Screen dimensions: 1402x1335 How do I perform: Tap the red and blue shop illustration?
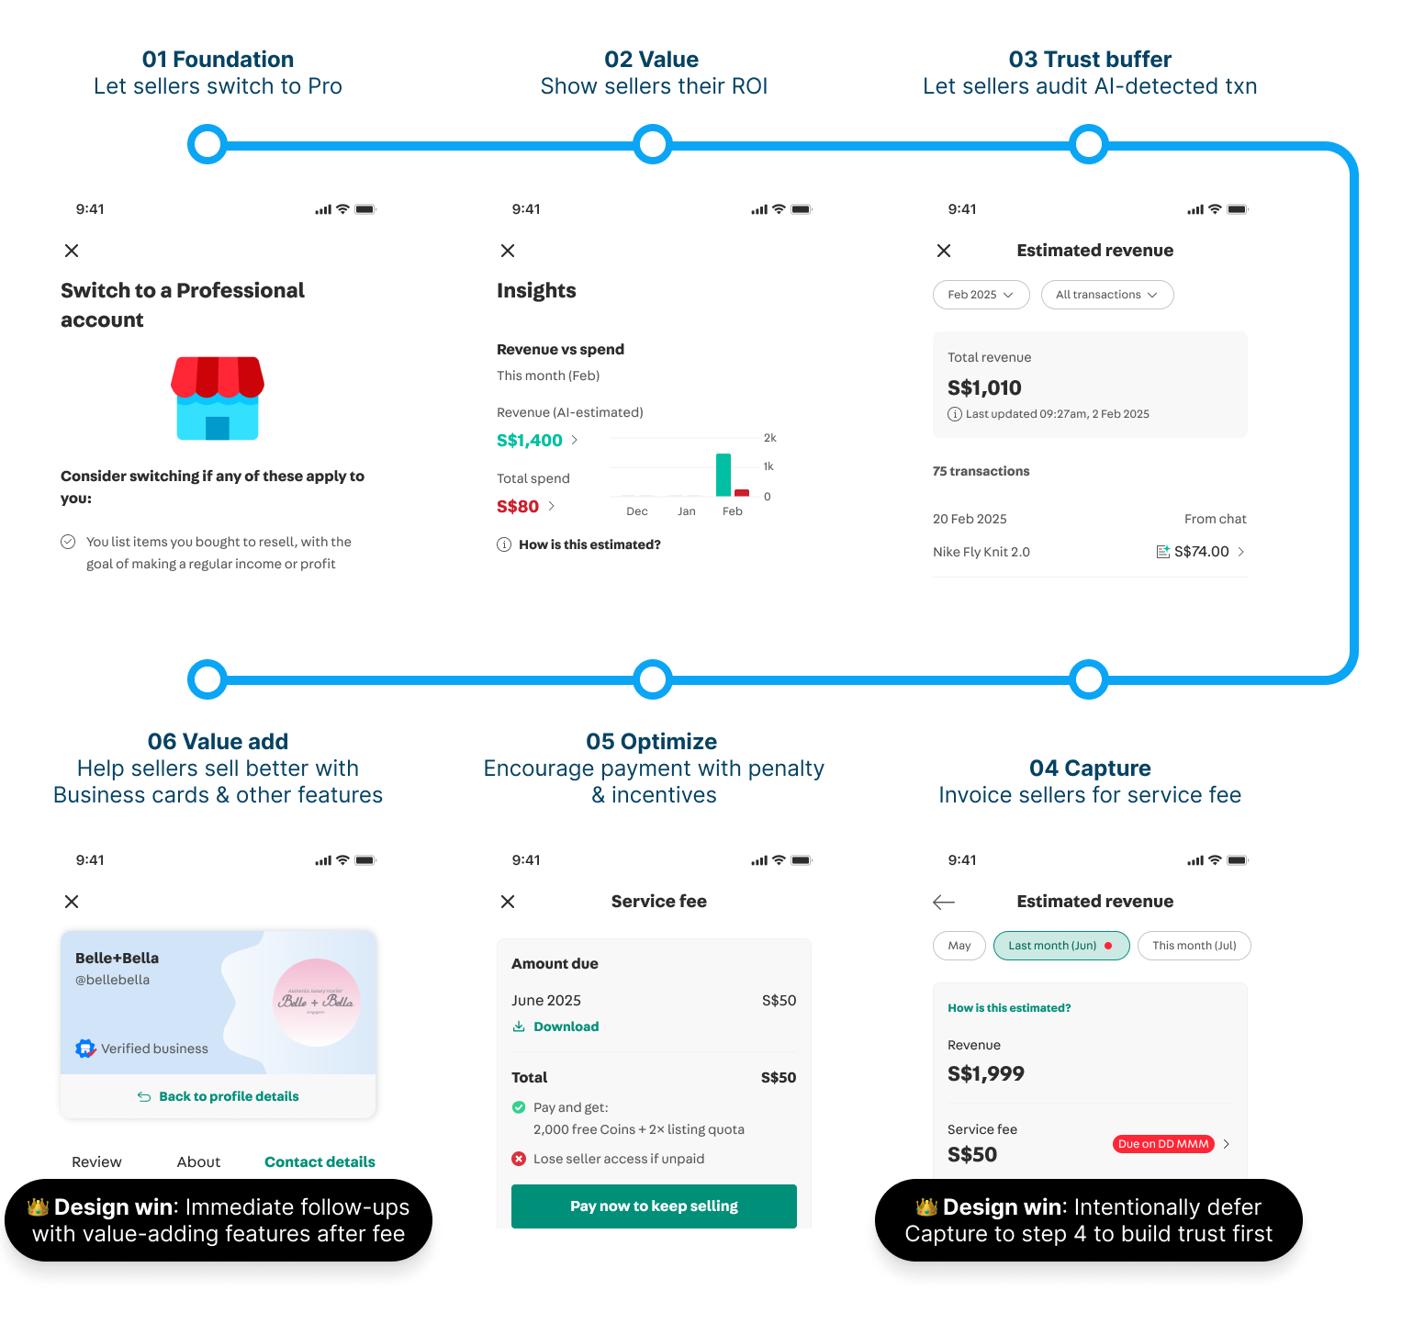[x=218, y=398]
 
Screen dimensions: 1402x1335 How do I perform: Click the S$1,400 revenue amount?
[x=530, y=441]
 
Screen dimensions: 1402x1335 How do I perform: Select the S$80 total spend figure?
[x=518, y=507]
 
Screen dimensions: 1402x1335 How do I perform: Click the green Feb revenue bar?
[x=723, y=475]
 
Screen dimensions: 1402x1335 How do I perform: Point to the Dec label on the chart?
[x=636, y=511]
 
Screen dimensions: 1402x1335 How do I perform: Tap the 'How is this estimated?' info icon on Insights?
[x=504, y=544]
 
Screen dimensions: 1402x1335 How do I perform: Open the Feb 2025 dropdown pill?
[x=981, y=295]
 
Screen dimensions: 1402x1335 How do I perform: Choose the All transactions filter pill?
[x=1106, y=295]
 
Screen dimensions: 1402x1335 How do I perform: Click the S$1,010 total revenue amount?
[x=984, y=388]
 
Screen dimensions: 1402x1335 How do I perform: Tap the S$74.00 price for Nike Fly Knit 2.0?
[x=1201, y=552]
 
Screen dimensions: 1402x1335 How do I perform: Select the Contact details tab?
[x=320, y=1162]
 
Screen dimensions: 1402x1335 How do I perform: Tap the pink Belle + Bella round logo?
[x=316, y=1002]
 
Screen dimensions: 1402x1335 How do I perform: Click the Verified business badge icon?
[x=85, y=1049]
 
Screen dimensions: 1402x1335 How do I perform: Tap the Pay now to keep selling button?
[x=654, y=1206]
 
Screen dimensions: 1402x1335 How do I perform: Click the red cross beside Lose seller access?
[x=519, y=1159]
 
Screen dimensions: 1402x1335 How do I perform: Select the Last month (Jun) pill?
[x=1060, y=946]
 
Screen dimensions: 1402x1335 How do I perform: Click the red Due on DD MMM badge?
[x=1163, y=1144]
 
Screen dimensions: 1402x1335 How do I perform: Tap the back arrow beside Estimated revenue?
[x=944, y=903]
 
